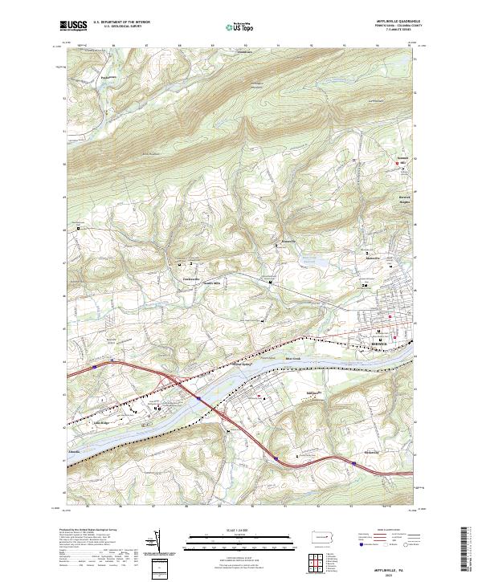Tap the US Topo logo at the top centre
click(x=237, y=27)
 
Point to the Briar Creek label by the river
click(x=292, y=359)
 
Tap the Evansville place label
click(x=289, y=241)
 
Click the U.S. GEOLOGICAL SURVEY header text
click(x=121, y=27)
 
